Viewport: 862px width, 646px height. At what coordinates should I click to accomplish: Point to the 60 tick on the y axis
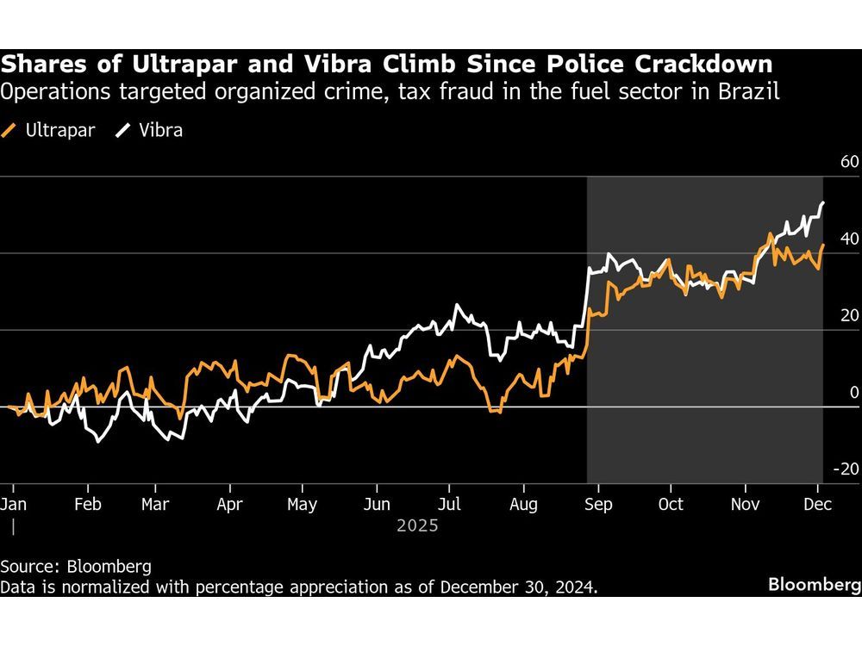[849, 162]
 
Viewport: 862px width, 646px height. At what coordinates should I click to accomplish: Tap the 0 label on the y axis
[853, 392]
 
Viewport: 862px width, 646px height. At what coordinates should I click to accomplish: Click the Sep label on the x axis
[598, 505]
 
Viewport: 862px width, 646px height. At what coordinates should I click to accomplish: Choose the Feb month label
[88, 505]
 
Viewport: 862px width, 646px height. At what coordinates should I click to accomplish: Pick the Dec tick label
[816, 505]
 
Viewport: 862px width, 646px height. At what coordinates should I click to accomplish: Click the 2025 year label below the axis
[417, 525]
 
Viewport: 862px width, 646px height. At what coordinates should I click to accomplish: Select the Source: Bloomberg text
[76, 566]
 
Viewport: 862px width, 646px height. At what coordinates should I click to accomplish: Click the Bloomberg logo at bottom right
[814, 585]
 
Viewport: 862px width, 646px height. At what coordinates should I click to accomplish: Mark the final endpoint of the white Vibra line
[823, 202]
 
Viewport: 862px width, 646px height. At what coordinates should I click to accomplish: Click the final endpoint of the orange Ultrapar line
[823, 245]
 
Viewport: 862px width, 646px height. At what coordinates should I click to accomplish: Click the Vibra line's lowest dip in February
[97, 442]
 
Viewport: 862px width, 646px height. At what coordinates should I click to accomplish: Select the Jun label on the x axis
[378, 505]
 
